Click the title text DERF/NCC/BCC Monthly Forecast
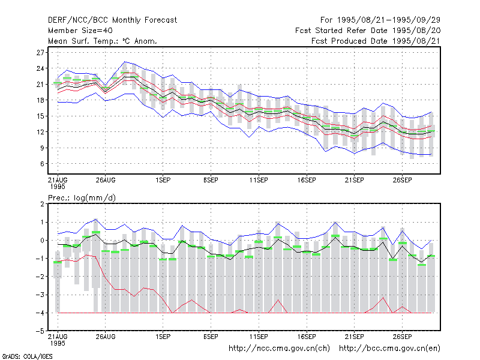pos(112,20)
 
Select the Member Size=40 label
pos(80,31)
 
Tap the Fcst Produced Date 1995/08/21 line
pos(376,41)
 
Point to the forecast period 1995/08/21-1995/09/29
pos(389,20)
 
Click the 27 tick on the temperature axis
pos(40,53)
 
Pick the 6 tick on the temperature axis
pos(42,164)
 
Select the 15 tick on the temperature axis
pos(40,116)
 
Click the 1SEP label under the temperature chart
pos(163,181)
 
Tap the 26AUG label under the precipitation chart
pos(106,337)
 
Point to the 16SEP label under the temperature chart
pos(307,181)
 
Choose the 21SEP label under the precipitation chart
pos(354,337)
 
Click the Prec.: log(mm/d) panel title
pos(82,198)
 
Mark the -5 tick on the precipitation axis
pos(40,331)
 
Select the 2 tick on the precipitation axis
pos(42,204)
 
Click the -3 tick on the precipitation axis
pos(40,295)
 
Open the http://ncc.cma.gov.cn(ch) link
pos(279,349)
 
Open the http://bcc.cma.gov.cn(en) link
pos(389,349)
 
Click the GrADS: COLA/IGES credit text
pos(27,356)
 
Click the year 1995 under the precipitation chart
pos(58,343)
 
